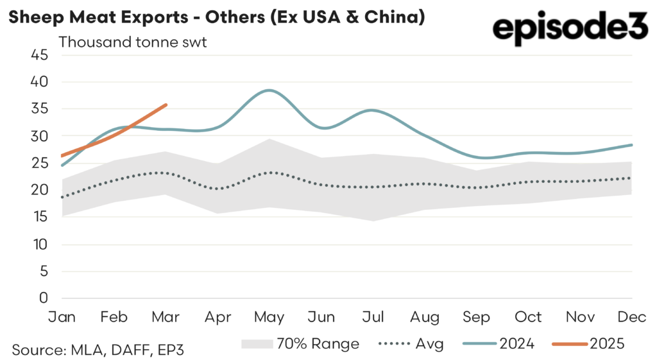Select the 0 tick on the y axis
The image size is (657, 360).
pyautogui.click(x=44, y=298)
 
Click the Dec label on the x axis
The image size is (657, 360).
pyautogui.click(x=632, y=317)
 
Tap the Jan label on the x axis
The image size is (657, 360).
pyautogui.click(x=62, y=317)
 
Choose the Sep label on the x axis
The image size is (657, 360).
pyautogui.click(x=477, y=317)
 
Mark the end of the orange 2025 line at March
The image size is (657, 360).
pyautogui.click(x=167, y=105)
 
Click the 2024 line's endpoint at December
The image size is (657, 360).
pyautogui.click(x=633, y=145)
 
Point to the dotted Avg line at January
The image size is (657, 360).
pyautogui.click(x=62, y=198)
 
